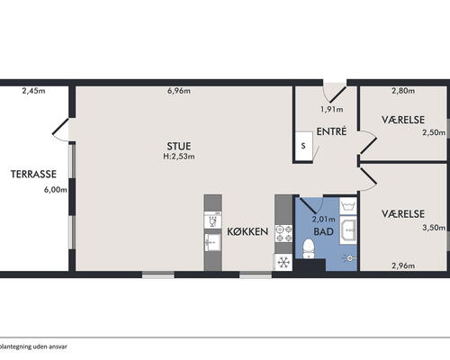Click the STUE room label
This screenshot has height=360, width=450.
point(179,146)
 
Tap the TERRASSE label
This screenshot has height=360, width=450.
point(33,174)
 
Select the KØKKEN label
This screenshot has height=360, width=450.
point(247,231)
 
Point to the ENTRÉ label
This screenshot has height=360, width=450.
point(331,131)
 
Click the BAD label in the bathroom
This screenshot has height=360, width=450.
point(323,231)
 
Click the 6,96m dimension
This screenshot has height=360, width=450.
point(179,91)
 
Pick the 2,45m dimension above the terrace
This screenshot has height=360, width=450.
point(33,91)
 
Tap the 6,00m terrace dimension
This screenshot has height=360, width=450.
point(56,190)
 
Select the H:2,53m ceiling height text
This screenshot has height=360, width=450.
point(179,157)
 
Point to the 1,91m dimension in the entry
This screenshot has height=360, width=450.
point(331,110)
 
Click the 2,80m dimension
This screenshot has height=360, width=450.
point(403,91)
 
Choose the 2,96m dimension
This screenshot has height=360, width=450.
point(403,265)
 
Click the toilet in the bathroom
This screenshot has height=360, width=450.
point(309,248)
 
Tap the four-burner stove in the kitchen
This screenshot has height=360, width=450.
point(283,234)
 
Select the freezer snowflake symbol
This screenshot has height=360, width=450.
point(283,263)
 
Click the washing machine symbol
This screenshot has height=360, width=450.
point(347,206)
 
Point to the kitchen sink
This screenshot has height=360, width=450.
point(212,242)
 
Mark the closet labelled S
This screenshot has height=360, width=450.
point(303,146)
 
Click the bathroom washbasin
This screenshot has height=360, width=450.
point(348,230)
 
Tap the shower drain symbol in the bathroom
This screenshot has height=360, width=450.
point(349,258)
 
